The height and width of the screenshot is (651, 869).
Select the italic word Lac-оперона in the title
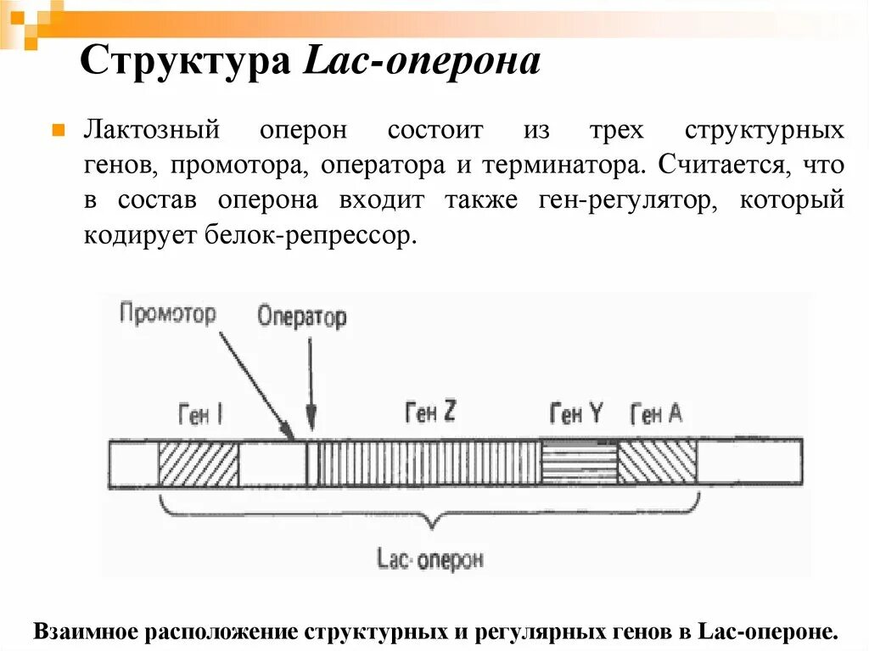[x=422, y=63]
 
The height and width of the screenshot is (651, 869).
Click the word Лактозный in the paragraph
[x=152, y=132]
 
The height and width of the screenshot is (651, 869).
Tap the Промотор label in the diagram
[x=167, y=314]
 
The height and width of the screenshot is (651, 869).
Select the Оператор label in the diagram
[x=302, y=317]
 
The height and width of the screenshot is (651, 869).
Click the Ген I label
[x=200, y=415]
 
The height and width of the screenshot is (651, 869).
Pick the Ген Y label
[x=576, y=414]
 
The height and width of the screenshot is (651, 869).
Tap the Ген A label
[x=656, y=414]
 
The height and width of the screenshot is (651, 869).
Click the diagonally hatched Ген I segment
[x=199, y=463]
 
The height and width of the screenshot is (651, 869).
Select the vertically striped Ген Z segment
[x=429, y=463]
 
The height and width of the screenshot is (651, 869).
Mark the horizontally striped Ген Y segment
[x=579, y=463]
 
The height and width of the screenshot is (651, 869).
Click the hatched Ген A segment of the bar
[x=657, y=463]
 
